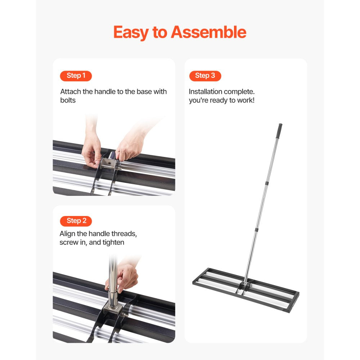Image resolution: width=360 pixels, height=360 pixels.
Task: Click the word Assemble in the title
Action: (x=208, y=32)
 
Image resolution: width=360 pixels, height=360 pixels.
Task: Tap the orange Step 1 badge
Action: (x=76, y=76)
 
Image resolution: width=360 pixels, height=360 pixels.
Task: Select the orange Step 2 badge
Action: (x=76, y=221)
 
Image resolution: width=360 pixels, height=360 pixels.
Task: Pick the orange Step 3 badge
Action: (x=205, y=76)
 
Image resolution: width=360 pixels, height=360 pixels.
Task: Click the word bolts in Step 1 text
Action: (x=68, y=100)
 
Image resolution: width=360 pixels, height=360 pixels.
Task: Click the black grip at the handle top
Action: (x=279, y=130)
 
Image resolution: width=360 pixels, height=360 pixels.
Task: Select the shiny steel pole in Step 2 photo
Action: (x=113, y=284)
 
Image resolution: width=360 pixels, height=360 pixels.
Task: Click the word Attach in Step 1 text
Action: (x=71, y=91)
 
